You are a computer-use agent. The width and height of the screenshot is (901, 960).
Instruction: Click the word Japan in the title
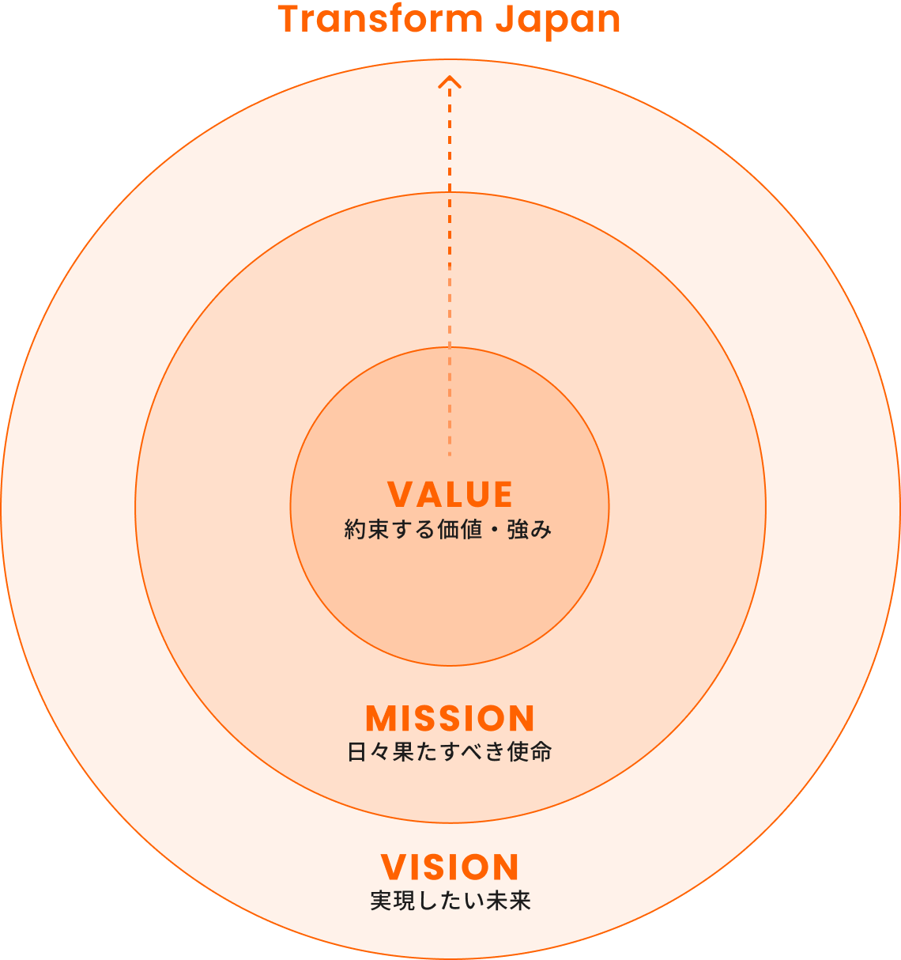558,21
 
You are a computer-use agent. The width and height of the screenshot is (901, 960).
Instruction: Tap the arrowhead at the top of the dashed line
450,81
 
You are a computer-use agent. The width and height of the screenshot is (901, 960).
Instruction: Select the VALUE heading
450,495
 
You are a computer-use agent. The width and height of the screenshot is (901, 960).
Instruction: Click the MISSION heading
450,719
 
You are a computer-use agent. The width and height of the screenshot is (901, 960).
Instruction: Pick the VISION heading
450,867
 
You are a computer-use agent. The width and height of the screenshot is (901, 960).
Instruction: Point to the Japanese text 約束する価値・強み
448,529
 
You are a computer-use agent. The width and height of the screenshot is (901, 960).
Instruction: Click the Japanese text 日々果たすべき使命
450,751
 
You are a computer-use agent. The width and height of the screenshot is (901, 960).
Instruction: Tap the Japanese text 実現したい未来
450,901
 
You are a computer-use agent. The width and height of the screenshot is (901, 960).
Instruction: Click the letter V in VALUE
401,495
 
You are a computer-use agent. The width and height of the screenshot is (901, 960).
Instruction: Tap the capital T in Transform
289,19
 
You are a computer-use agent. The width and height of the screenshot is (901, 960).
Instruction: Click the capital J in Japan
503,19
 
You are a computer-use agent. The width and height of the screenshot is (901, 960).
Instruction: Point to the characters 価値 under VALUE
460,529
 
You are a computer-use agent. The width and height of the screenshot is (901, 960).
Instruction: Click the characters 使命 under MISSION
530,751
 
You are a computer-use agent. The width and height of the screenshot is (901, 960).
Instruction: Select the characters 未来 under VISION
508,901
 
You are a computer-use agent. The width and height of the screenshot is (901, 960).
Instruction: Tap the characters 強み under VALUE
530,529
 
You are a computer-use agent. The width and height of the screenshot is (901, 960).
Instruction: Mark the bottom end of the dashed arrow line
450,453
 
